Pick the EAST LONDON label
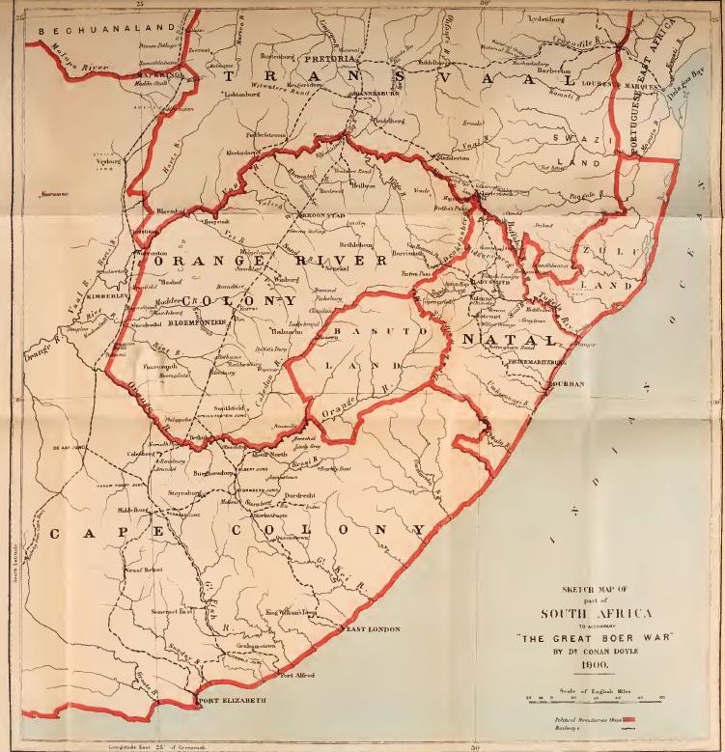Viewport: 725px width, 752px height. (373, 629)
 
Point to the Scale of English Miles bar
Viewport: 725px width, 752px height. (599, 697)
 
